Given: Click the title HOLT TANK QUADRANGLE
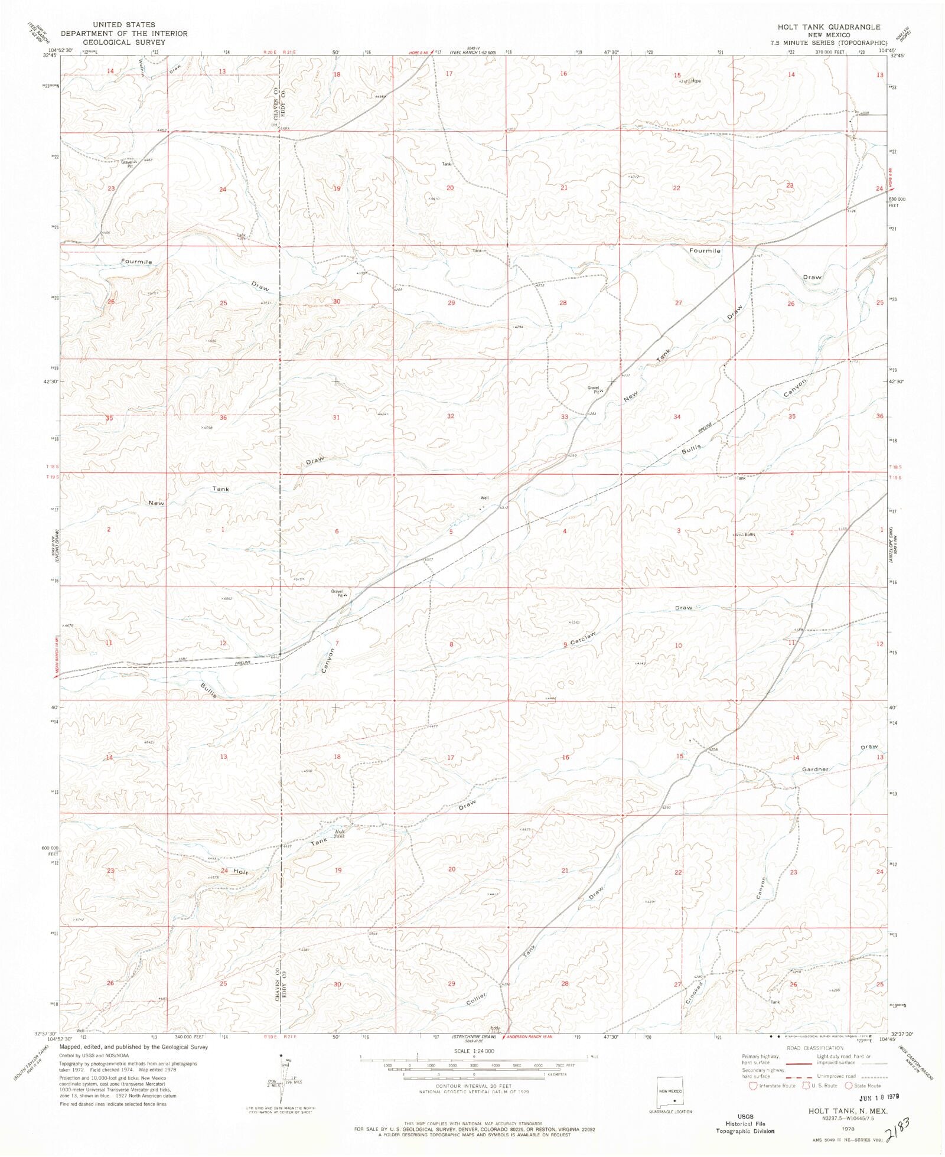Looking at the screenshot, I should (x=828, y=27).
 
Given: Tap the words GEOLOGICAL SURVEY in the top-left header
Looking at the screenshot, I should (x=123, y=43).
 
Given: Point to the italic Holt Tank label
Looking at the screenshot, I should (x=339, y=834).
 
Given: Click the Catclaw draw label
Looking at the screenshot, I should (x=583, y=638).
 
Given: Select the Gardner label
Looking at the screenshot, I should (x=815, y=770).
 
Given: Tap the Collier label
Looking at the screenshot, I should (x=476, y=999).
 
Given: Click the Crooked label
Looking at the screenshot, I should (x=693, y=993).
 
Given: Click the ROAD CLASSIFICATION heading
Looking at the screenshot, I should (x=807, y=1048).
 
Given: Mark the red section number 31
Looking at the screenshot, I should (x=336, y=418).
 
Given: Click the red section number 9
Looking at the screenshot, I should (x=565, y=644).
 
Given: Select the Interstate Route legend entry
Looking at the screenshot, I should (x=773, y=1086).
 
